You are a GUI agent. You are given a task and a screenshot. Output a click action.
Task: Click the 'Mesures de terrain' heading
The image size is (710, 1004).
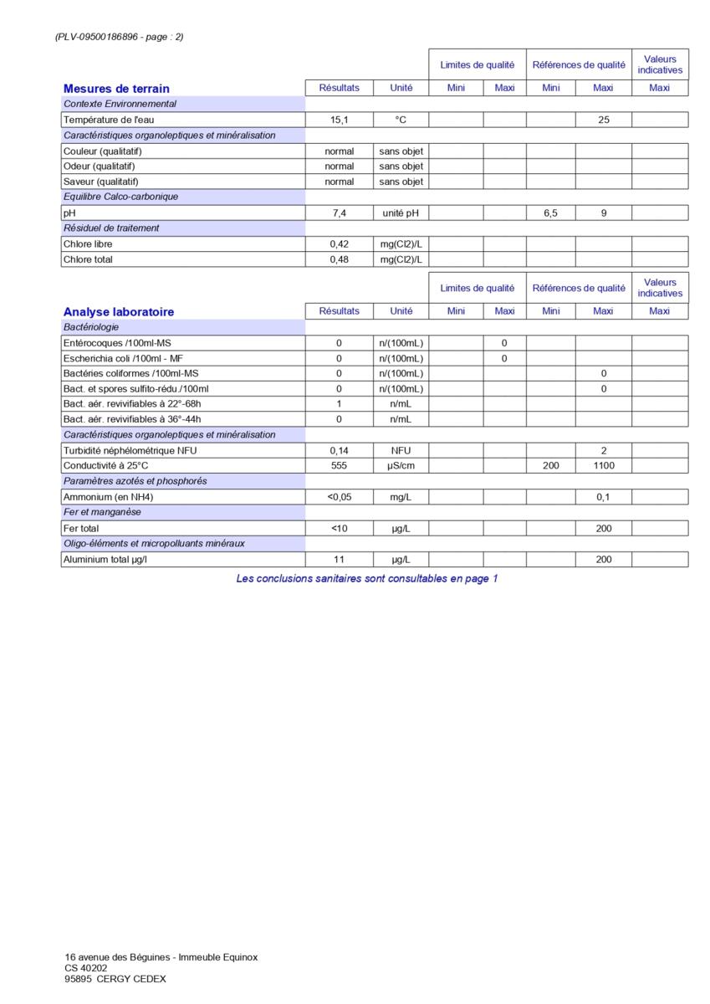116,89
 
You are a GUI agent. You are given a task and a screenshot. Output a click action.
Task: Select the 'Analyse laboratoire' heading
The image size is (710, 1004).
119,312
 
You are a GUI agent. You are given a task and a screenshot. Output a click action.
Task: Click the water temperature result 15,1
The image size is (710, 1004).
339,120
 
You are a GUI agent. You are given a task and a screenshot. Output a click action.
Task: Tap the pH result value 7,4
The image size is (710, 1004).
339,213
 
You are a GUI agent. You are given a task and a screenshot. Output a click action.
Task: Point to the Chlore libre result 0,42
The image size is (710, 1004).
339,244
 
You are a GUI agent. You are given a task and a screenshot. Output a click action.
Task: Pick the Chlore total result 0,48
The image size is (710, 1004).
339,259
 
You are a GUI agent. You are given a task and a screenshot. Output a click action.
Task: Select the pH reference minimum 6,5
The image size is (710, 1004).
550,213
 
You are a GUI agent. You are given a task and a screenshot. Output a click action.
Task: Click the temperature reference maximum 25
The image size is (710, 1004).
603,120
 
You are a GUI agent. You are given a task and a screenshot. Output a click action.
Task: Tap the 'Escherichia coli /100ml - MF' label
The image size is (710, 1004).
123,358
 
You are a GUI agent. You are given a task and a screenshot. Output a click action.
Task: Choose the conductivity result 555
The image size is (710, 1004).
339,465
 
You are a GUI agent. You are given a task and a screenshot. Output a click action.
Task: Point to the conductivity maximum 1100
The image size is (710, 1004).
603,465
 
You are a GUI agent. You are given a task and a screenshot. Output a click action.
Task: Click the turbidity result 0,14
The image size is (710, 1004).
339,450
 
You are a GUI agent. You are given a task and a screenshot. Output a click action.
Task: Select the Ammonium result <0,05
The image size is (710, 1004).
339,497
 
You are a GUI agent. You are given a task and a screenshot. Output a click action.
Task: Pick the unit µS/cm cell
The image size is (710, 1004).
401,465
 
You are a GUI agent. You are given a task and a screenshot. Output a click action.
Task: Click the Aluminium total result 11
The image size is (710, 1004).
339,560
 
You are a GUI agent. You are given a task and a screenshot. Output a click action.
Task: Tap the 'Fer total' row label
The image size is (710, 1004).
81,529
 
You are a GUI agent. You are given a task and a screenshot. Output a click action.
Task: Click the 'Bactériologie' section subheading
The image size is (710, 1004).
91,327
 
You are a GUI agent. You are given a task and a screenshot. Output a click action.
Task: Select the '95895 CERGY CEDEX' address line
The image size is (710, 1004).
115,979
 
